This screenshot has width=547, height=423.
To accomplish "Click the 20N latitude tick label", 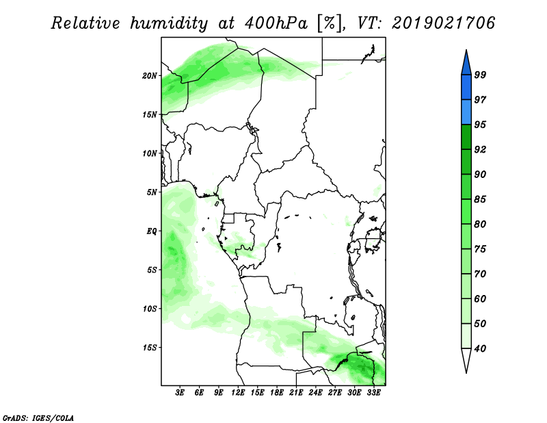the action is [149, 76].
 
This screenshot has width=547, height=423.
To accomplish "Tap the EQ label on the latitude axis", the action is [151, 231].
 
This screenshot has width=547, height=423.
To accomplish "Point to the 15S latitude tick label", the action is [149, 348].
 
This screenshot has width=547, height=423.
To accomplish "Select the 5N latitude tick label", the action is [151, 192].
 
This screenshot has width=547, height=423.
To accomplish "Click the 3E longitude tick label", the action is [180, 393].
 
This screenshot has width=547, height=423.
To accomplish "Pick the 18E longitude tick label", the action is [277, 393].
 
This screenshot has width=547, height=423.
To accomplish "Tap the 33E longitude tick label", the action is [373, 393].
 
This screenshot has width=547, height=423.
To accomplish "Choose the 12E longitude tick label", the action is [238, 393].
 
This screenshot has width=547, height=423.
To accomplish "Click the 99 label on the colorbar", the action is [480, 75].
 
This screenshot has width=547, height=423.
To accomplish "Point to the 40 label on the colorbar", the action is [480, 348].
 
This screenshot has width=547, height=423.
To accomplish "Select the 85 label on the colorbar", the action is [480, 199].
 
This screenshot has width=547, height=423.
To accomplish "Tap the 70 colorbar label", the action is [480, 274].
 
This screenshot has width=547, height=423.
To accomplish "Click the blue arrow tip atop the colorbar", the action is [466, 50].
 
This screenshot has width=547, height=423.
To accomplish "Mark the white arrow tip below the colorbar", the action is [466, 373].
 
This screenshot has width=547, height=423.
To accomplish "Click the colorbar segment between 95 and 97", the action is [466, 112].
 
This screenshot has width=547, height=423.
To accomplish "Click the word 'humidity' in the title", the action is [169, 24].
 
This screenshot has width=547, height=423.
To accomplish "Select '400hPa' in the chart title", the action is [276, 23].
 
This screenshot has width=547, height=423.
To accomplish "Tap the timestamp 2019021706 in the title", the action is [443, 23].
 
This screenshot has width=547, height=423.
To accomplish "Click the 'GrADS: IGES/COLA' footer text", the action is [38, 418].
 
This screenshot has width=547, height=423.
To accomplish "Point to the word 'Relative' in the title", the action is [85, 23].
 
